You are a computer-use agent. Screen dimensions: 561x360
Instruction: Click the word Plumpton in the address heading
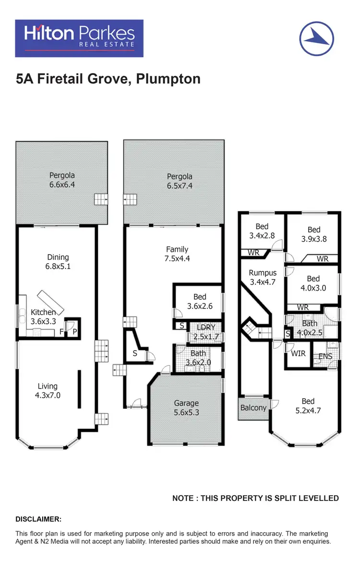(x=168, y=79)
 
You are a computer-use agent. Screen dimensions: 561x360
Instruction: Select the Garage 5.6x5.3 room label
(x=186, y=408)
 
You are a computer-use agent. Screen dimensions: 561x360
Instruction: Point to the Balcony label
(x=253, y=408)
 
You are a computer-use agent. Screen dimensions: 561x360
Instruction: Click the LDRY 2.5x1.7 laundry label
(x=206, y=332)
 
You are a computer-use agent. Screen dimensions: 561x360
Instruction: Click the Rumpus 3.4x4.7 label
(x=263, y=278)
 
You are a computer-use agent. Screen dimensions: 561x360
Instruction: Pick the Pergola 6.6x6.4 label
(x=62, y=180)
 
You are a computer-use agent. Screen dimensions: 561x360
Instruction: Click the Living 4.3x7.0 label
(x=48, y=391)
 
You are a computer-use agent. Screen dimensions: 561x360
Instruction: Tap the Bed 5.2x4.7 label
(x=308, y=406)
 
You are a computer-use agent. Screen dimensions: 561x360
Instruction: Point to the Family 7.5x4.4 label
(x=177, y=254)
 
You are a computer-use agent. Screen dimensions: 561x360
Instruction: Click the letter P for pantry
(x=74, y=331)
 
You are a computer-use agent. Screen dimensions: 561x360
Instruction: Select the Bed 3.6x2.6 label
(x=200, y=302)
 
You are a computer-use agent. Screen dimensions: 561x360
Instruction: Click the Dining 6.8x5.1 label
(x=58, y=262)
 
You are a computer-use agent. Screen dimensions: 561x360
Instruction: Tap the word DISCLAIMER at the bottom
(x=38, y=519)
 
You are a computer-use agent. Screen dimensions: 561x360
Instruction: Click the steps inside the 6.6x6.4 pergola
(x=101, y=199)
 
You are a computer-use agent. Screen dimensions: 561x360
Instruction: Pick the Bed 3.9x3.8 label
(x=314, y=234)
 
